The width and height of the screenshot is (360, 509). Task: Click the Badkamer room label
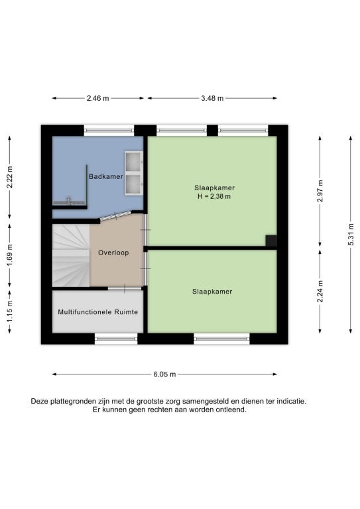(106, 176)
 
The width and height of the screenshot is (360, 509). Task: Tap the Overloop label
(113, 253)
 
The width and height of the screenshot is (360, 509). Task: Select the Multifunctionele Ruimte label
(97, 312)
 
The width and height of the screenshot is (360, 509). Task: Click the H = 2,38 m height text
(214, 196)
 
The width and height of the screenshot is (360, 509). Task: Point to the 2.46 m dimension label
(97, 98)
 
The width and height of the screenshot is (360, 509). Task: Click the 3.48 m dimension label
(212, 98)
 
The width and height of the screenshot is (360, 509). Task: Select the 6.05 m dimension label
(164, 374)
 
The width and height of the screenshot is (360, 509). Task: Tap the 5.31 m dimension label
(351, 235)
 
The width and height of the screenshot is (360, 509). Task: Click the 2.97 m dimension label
(320, 191)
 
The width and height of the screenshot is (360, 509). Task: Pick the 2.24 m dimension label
(320, 291)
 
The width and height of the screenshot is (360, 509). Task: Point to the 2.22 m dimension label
(10, 177)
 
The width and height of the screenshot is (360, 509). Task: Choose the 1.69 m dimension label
(10, 255)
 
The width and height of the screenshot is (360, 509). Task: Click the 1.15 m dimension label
(10, 311)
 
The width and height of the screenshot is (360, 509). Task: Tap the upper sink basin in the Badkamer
(133, 162)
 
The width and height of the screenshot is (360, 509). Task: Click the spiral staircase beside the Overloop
(71, 255)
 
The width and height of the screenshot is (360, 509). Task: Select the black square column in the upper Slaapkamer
(271, 241)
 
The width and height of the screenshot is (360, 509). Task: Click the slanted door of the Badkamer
(115, 215)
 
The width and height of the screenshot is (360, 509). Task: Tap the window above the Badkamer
(109, 131)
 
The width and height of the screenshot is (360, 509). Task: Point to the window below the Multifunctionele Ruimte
(116, 339)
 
